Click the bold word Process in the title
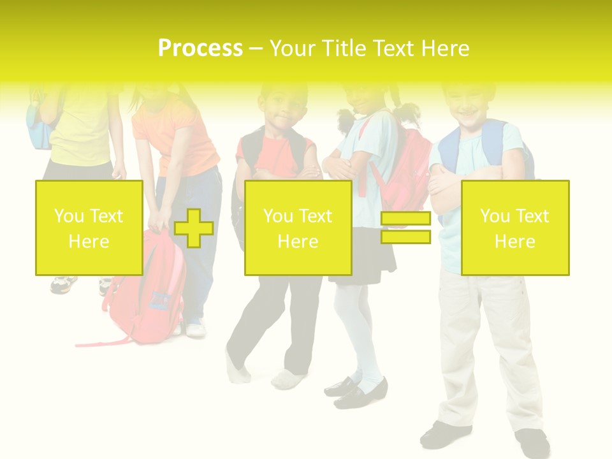200,48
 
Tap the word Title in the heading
344,48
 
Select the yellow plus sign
193,228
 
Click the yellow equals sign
405,228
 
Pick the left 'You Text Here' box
89,228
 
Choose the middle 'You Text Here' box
298,228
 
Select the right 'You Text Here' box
514,228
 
